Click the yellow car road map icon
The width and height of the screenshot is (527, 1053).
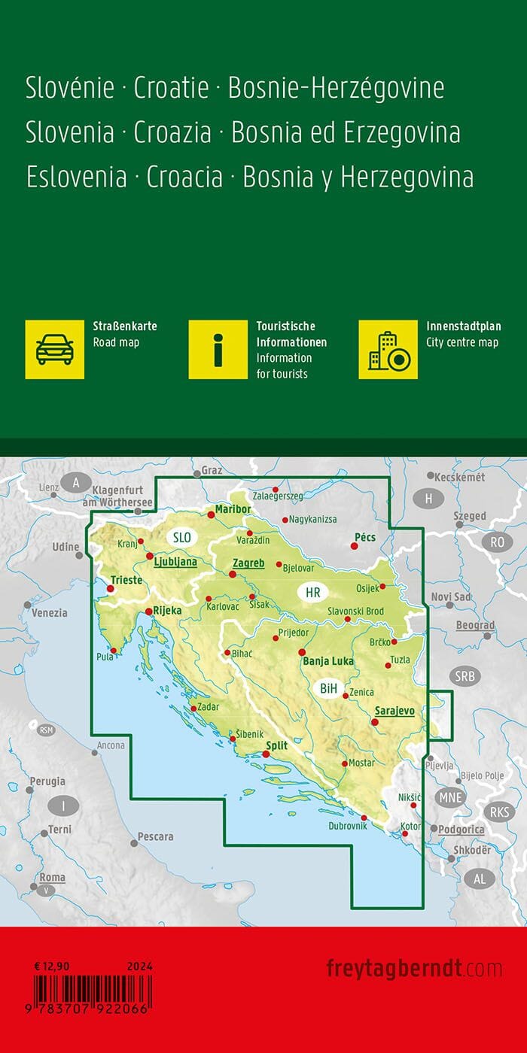(55, 349)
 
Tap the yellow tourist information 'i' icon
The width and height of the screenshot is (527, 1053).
(218, 349)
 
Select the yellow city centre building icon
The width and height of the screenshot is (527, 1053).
(388, 349)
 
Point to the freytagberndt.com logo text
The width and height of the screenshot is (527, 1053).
(414, 967)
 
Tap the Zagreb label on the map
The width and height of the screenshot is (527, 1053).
(248, 563)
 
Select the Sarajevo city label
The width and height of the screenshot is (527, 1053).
(394, 709)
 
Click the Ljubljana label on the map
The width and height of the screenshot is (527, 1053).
(175, 561)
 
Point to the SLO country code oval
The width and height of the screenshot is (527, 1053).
(182, 537)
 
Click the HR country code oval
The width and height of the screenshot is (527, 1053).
(313, 593)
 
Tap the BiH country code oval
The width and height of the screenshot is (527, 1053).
(329, 687)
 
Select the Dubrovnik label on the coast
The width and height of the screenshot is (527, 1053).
(347, 826)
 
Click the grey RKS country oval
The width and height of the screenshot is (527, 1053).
(498, 812)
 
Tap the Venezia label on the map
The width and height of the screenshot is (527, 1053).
(50, 613)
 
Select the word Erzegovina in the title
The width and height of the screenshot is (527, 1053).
(400, 133)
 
